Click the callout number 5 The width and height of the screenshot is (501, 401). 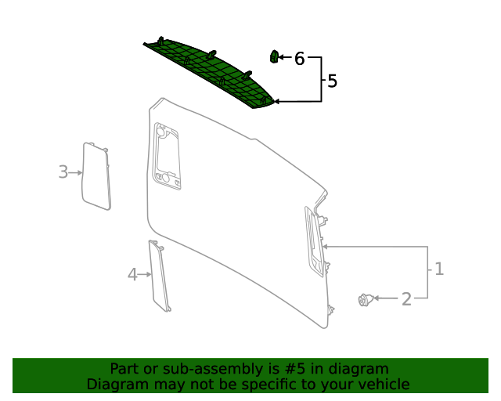332,81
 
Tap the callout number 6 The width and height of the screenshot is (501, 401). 299,59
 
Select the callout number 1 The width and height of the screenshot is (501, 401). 439,269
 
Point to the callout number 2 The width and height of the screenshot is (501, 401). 406,298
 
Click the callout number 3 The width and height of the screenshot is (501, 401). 63,172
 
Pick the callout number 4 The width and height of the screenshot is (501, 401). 132,274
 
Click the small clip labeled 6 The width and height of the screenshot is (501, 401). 274,56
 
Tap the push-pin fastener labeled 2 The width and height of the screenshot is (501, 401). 364,299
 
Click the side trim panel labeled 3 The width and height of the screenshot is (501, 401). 96,176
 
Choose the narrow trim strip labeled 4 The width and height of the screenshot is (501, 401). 159,276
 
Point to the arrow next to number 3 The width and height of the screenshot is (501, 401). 76,172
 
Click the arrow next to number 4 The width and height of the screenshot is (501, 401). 144,274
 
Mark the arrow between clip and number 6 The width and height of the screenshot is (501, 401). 286,58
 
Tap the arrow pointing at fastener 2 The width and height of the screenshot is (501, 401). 386,298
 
